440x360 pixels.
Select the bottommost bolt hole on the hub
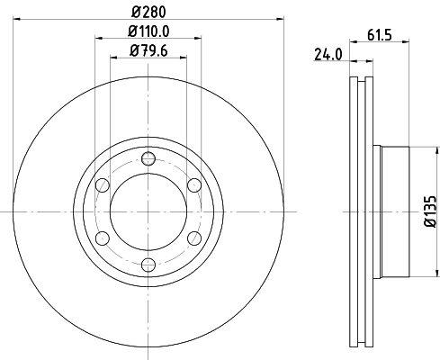tap(148, 263)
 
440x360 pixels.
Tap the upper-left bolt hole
tap(103, 185)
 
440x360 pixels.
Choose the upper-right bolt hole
tap(193, 185)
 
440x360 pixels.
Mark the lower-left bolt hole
tap(103, 238)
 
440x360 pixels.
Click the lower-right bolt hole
tap(193, 238)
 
